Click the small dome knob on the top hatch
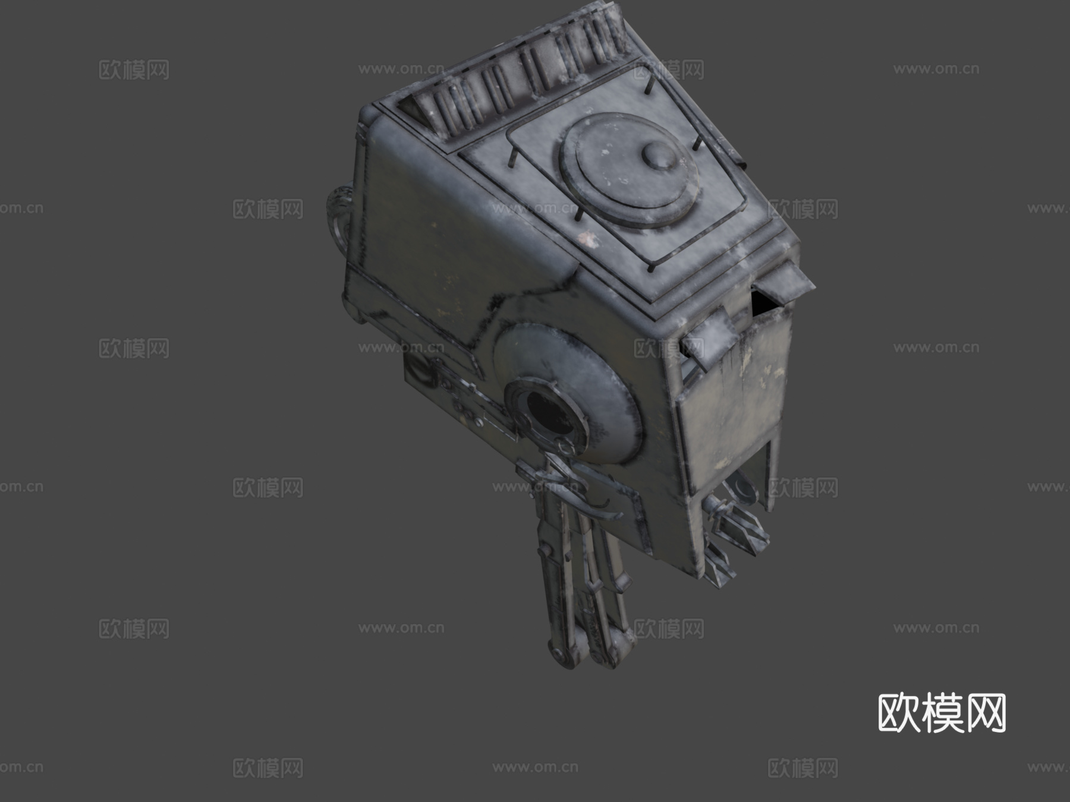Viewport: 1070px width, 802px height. coord(659,156)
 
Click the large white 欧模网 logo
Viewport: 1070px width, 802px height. coord(942,713)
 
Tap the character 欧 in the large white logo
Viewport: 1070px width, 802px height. coord(899,713)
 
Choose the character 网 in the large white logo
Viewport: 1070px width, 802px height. coord(986,713)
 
